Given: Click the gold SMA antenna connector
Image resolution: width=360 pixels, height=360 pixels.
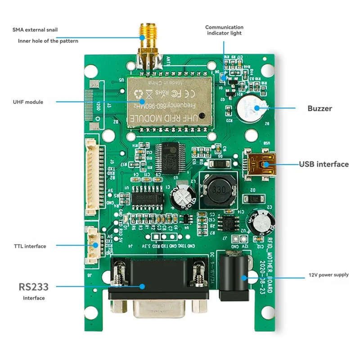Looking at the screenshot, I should coord(148,45).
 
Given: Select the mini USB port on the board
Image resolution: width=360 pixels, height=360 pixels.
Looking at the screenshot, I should coord(261,164).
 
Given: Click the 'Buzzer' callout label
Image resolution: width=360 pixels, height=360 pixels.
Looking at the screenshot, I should coord(320,108).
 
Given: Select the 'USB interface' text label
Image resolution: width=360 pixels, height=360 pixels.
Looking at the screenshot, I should coord(324,164).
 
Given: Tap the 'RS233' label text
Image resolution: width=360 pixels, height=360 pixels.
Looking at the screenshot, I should coord(33,286).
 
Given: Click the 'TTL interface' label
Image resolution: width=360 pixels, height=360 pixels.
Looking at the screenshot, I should coord(30,246).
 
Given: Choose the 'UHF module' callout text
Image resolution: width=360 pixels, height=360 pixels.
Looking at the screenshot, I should coord(28,102).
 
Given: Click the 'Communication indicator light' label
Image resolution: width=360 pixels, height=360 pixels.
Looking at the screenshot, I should coord(224,30).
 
